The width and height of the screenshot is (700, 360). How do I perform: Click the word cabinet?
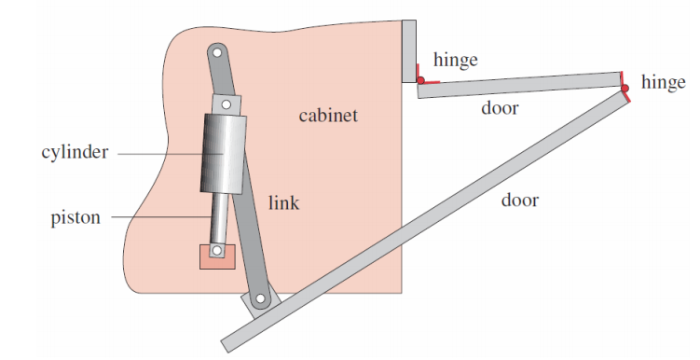click(328, 117)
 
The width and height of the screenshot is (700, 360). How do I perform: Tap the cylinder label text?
click(74, 152)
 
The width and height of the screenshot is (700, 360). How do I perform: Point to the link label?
click(283, 201)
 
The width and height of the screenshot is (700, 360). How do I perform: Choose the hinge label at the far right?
click(663, 84)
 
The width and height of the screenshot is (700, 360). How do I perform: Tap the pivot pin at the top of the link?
click(216, 54)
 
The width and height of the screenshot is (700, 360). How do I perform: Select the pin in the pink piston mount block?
click(216, 251)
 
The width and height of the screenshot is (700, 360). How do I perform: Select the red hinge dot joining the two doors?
click(625, 89)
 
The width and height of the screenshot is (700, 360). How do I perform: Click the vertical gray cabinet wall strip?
click(409, 50)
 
